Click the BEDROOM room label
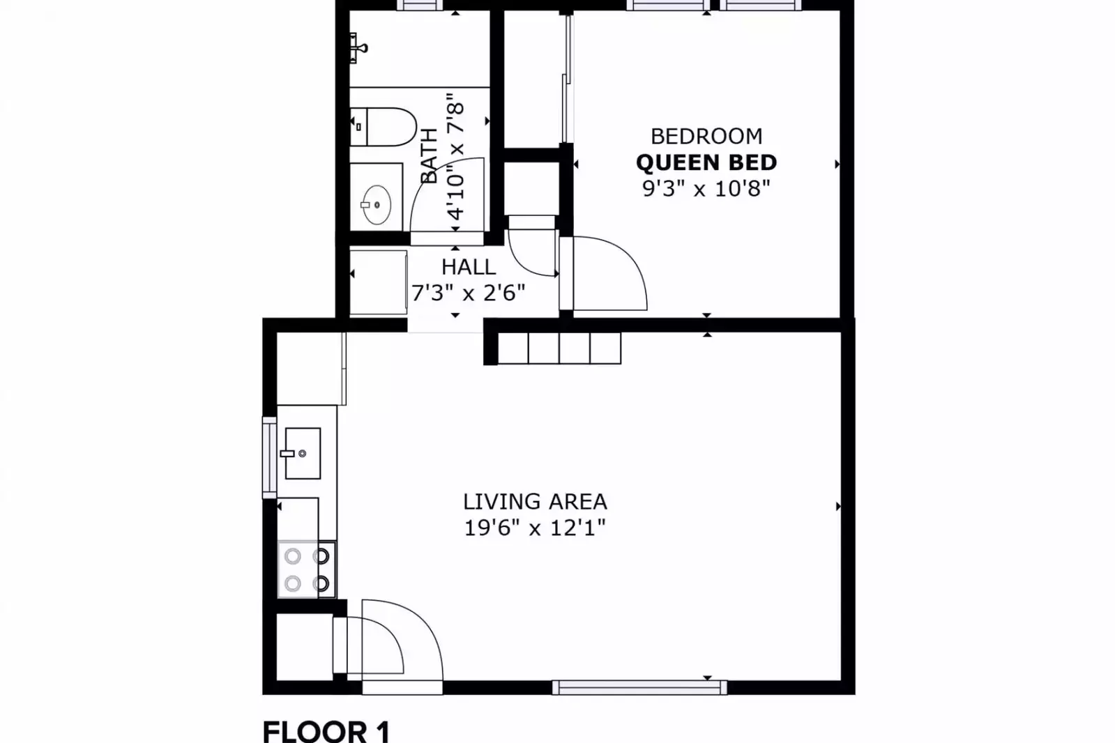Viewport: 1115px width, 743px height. [x=706, y=137]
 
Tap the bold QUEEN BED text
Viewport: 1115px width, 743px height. [x=706, y=162]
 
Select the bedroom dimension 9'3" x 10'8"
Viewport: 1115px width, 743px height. [x=706, y=189]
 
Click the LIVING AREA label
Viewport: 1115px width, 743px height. [x=535, y=502]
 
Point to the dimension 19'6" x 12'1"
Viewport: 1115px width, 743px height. [x=535, y=528]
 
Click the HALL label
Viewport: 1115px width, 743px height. [x=469, y=268]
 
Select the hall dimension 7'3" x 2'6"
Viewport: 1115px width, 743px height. [x=469, y=293]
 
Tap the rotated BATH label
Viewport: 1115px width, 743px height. [x=429, y=156]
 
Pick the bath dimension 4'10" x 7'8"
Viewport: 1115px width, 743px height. [x=455, y=156]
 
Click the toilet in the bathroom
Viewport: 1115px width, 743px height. [x=384, y=127]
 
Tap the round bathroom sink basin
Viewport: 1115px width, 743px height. [x=377, y=205]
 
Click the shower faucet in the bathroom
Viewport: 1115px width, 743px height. [x=358, y=48]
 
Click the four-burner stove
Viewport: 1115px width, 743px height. [x=307, y=569]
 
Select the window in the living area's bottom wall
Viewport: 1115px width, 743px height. [x=639, y=687]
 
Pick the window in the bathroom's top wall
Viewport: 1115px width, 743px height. [x=420, y=5]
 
